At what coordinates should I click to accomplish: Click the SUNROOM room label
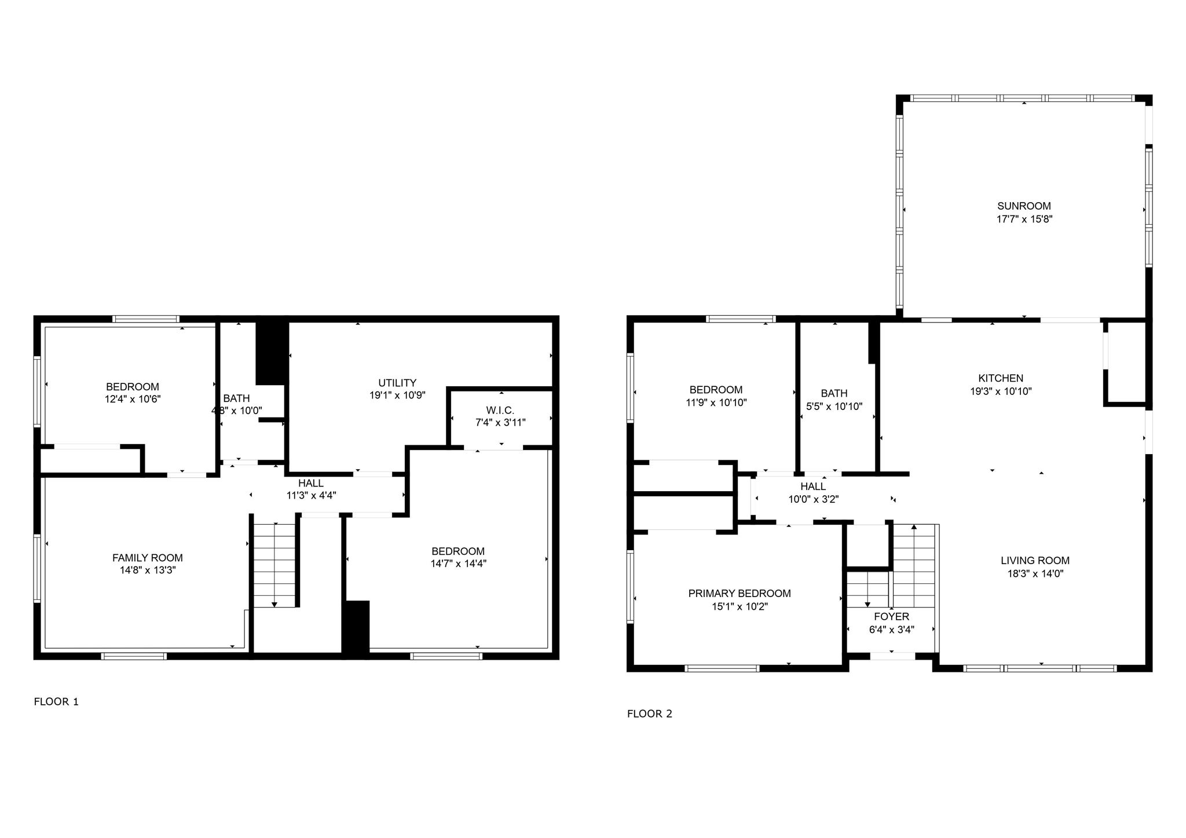coord(1024,206)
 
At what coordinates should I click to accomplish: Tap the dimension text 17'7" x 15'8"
coord(1024,219)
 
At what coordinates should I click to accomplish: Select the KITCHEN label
coord(1001,378)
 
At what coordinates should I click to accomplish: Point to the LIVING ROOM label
coord(1035,561)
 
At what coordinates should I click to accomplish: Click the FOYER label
coord(891,617)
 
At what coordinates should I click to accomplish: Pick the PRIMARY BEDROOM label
coord(740,594)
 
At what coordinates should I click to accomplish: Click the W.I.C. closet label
coord(500,410)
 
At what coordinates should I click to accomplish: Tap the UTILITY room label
coord(397,383)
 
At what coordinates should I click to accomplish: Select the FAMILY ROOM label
coord(147,558)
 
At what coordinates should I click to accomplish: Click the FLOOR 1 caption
coord(56,702)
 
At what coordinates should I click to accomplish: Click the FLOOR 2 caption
coord(650,714)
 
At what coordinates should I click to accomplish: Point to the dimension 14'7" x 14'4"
coord(458,563)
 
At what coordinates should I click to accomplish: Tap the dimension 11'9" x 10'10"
coord(716,403)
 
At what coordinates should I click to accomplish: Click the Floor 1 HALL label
coord(311,483)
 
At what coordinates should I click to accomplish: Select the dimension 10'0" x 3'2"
coord(813,499)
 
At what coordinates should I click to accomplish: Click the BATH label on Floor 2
coord(834,393)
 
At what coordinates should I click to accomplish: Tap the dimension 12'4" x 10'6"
coord(133,399)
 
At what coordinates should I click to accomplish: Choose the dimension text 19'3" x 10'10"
coord(1001,391)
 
